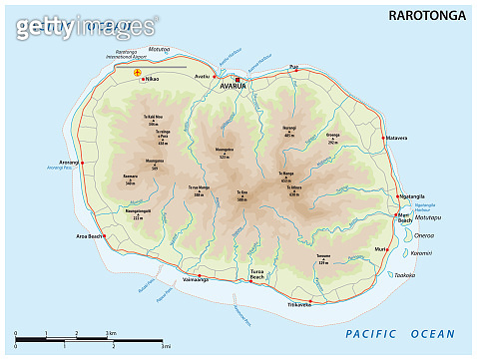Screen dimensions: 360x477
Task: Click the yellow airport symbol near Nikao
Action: [138, 73]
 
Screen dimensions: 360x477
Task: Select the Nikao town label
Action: [153, 79]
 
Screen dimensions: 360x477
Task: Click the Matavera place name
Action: [397, 138]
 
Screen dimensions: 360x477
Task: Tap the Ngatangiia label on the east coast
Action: [412, 196]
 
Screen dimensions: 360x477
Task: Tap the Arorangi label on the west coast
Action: [69, 161]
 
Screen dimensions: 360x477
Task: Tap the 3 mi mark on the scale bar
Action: [162, 347]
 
